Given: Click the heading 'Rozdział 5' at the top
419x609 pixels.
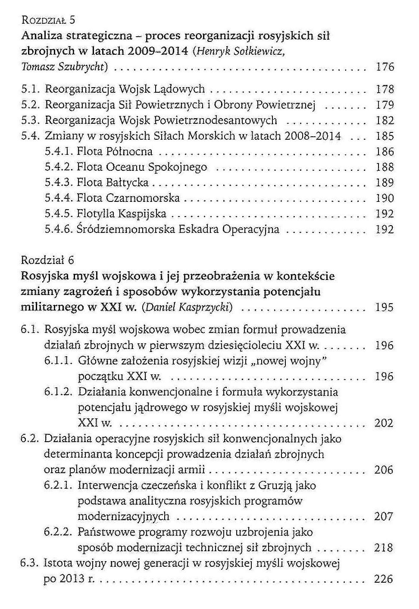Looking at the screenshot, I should (x=48, y=20).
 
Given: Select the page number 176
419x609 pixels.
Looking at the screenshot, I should (x=385, y=67).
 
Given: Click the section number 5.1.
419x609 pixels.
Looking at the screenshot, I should (x=31, y=89).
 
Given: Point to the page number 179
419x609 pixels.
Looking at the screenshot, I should (x=385, y=105).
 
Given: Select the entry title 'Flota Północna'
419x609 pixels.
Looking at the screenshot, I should (x=115, y=152).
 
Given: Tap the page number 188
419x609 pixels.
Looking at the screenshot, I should (x=385, y=167).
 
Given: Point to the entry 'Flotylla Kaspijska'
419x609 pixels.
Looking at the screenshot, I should (x=121, y=214).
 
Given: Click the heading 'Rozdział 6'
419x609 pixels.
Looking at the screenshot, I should (x=47, y=260).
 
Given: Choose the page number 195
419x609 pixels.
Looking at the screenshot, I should (x=384, y=308).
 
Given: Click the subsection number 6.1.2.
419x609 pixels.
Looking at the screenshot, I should (x=58, y=392).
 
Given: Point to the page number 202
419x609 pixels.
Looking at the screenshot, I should (x=384, y=423).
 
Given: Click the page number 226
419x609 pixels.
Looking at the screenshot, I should (x=384, y=579).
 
